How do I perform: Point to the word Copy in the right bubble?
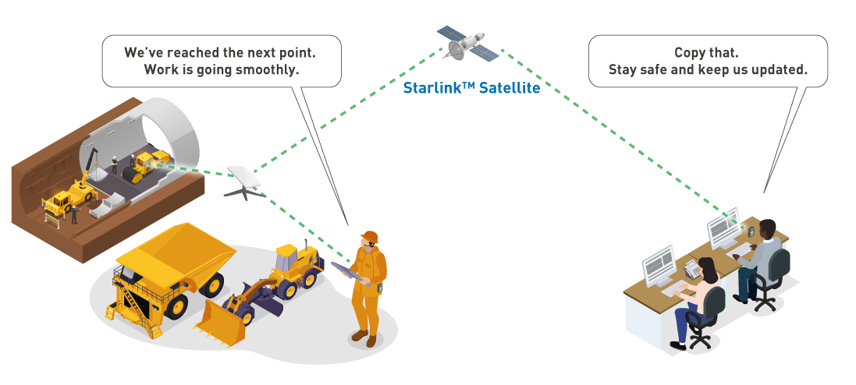click(x=690, y=53)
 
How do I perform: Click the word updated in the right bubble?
click(x=780, y=69)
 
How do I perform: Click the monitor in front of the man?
click(x=722, y=228)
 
